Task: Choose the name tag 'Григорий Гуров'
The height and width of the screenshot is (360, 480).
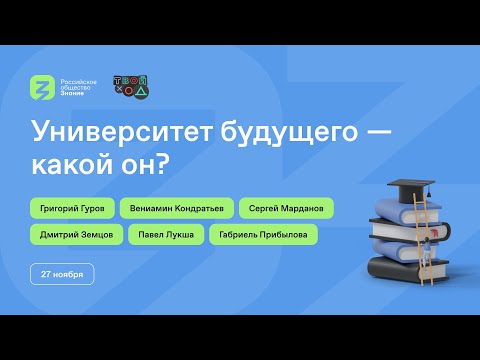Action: coord(73,209)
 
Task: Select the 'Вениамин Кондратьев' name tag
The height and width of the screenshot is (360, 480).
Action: coord(177,209)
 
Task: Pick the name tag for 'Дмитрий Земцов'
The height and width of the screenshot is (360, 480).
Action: coord(74,235)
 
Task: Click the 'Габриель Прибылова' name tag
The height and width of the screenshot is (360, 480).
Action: coord(264,235)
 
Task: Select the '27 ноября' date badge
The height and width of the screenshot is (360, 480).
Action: coord(63,273)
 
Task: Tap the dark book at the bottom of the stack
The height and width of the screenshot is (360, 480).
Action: coord(400,268)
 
